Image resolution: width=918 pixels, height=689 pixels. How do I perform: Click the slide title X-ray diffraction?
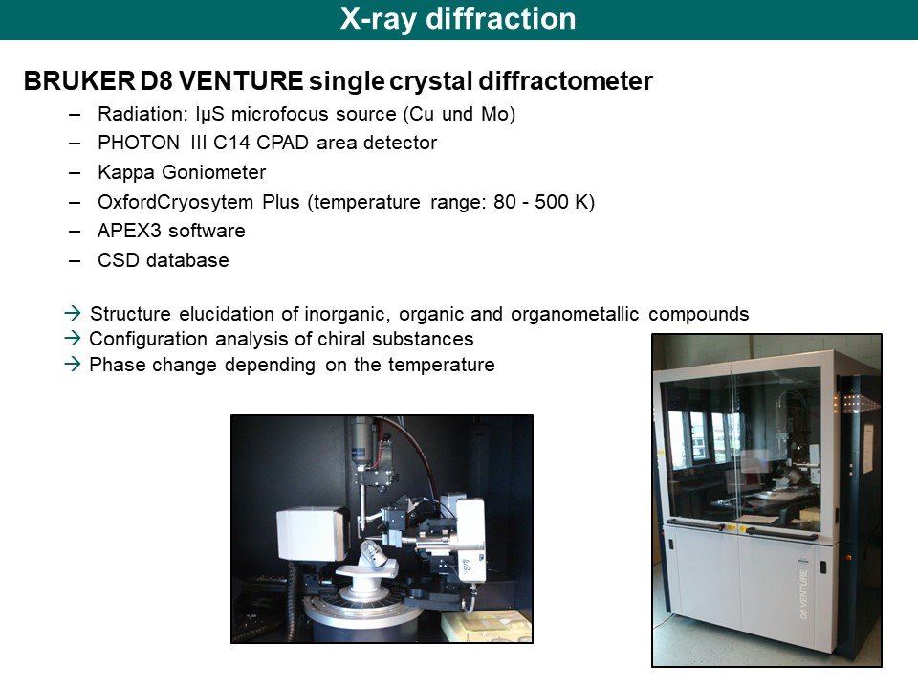click(x=458, y=19)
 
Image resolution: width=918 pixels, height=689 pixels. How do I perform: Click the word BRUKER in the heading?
click(x=79, y=80)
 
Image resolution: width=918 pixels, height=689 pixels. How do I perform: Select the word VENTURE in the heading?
click(x=241, y=80)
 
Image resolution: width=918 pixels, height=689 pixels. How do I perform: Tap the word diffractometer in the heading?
click(x=565, y=80)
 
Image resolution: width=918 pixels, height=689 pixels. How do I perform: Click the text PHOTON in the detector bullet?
click(x=139, y=143)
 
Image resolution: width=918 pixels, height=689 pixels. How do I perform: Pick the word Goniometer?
click(x=213, y=172)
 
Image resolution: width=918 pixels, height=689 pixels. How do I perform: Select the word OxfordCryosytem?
click(x=175, y=202)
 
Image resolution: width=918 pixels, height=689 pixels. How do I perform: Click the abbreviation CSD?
click(x=117, y=260)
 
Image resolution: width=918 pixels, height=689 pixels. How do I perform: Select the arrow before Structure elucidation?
click(x=73, y=313)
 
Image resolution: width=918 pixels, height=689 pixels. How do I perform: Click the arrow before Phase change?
click(x=73, y=364)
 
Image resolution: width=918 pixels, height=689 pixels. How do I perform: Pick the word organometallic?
click(x=575, y=314)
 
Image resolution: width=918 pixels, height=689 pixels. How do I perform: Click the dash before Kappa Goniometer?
click(x=75, y=173)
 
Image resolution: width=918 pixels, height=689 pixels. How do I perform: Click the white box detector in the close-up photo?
click(x=311, y=534)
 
